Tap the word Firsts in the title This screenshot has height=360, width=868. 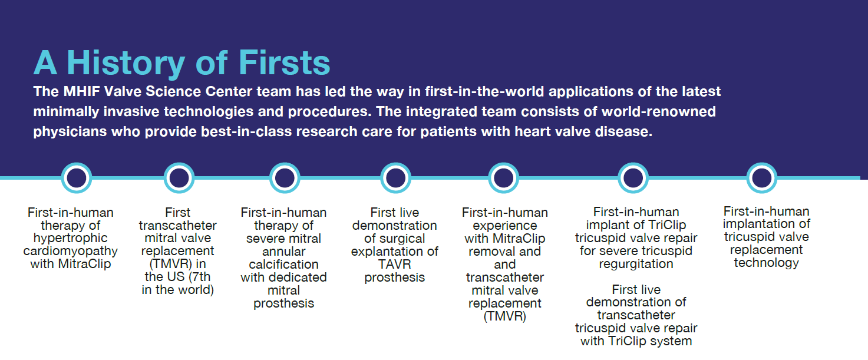(284, 62)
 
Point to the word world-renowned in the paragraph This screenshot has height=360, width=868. (659, 111)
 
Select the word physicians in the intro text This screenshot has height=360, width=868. (70, 132)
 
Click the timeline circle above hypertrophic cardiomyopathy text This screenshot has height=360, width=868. (77, 178)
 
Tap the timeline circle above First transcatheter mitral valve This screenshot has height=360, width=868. (179, 178)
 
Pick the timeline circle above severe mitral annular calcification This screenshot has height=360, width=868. (285, 178)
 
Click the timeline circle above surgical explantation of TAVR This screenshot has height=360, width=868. (395, 178)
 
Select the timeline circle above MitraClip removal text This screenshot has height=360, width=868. (503, 178)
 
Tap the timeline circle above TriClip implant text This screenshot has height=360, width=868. (633, 178)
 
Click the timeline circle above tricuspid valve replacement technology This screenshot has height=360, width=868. (762, 178)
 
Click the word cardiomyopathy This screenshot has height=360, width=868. (71, 252)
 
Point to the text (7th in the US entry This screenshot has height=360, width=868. (197, 277)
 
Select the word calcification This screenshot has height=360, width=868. (283, 265)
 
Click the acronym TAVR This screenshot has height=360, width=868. (394, 265)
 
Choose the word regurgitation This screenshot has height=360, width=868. (636, 265)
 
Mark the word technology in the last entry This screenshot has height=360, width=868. (766, 263)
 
